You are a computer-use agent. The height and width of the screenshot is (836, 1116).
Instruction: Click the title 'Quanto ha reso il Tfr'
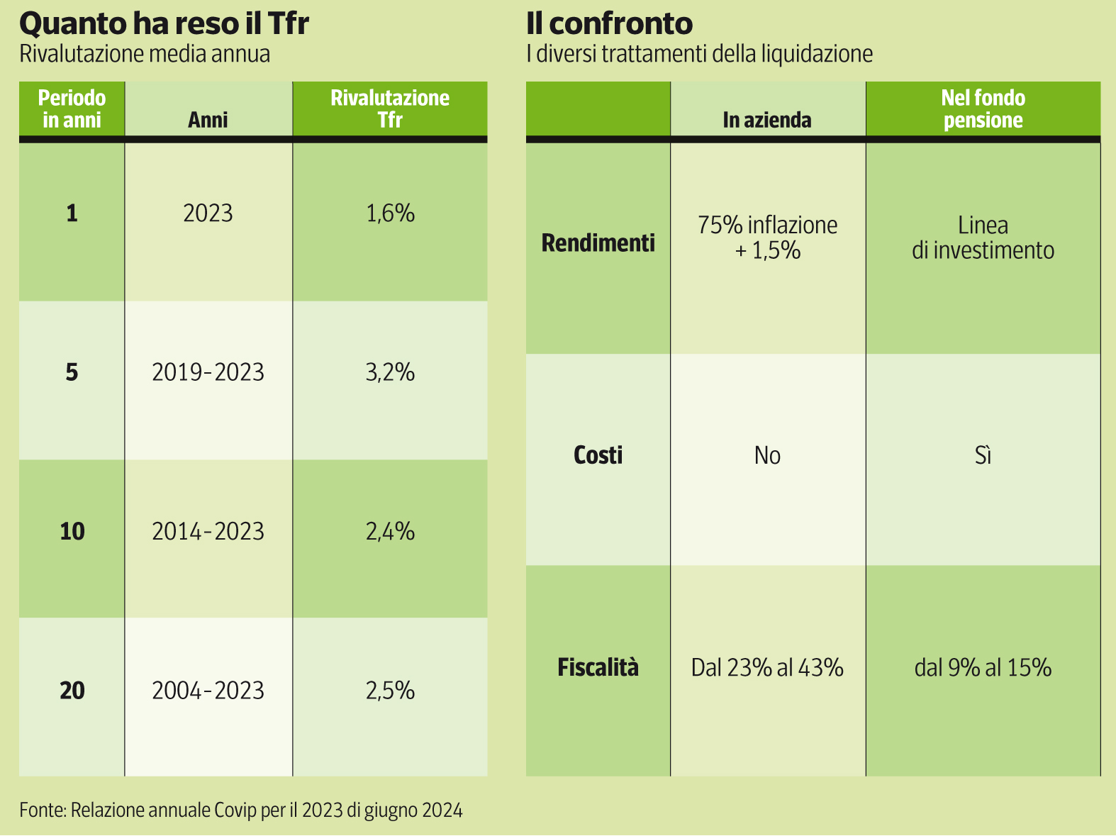pos(164,23)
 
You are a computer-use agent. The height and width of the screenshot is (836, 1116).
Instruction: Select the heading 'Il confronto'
pos(609,23)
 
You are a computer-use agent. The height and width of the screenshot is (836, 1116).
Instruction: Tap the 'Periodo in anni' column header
pos(72,108)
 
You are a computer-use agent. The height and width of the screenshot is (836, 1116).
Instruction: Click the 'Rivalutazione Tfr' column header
pos(390,108)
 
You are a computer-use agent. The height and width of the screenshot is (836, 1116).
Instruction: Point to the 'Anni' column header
pos(208,119)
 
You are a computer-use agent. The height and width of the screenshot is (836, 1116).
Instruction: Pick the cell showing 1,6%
pos(390,213)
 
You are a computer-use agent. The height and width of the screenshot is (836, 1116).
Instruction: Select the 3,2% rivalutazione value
pos(390,372)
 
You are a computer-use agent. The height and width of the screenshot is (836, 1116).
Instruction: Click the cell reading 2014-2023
pos(208,531)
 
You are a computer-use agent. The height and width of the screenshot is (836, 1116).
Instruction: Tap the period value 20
pos(72,690)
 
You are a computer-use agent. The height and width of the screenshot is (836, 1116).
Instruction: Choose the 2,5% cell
pos(390,690)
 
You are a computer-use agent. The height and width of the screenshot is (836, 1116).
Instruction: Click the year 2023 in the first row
pos(208,213)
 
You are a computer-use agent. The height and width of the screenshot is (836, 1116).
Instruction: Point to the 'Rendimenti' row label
pos(598,243)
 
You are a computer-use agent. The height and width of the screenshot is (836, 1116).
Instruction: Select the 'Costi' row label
pos(598,455)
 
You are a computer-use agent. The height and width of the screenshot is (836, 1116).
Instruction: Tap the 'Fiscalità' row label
pos(598,667)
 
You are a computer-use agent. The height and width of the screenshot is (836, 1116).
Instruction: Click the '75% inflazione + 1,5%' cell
pos(767,238)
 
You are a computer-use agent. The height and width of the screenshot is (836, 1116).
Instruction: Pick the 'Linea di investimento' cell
pos(983,238)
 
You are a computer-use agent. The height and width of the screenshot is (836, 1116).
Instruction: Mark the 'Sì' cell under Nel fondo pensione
pos(983,455)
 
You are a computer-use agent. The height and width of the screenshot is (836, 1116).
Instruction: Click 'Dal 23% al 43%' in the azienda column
pos(767,667)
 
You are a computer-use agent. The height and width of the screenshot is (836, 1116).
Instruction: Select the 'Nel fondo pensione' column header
pos(983,108)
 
